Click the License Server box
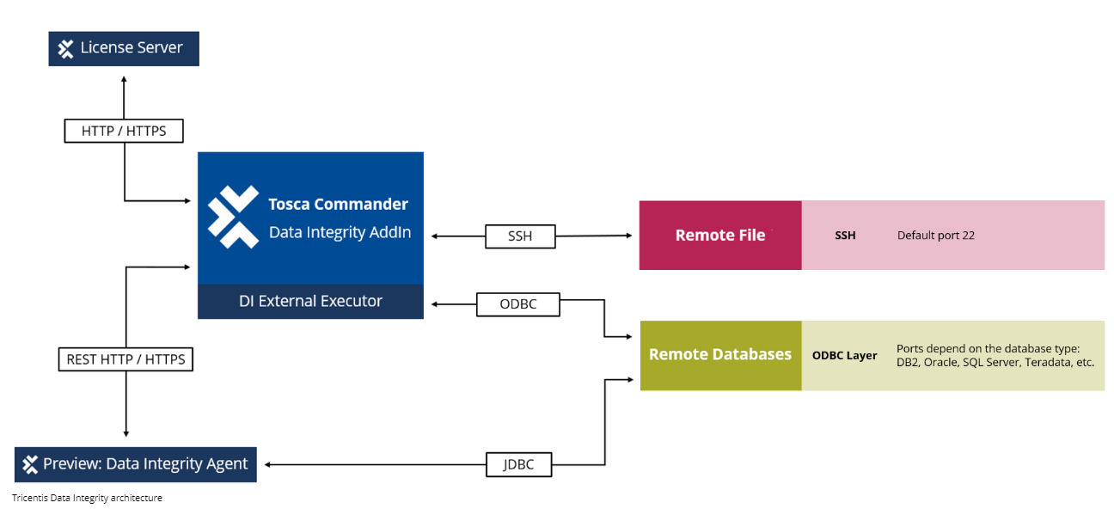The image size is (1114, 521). point(123,49)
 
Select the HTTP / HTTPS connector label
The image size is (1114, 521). point(124,131)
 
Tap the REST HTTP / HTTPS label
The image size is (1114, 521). point(126,359)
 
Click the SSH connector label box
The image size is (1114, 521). point(520,236)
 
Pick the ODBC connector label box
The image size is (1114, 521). point(517,304)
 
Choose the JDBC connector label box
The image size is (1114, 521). point(517,464)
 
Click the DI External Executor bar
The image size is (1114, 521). point(310,302)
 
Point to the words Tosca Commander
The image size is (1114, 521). point(338,204)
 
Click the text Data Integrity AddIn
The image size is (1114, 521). point(340,232)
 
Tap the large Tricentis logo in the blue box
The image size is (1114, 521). point(233,216)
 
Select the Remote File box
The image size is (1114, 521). point(720,236)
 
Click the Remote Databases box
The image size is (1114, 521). point(720,355)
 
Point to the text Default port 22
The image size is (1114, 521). point(935,236)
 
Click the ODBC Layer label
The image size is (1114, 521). point(844,356)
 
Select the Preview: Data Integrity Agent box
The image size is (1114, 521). point(136,464)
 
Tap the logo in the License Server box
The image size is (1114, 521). point(66,49)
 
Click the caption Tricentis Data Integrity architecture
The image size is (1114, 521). point(87,498)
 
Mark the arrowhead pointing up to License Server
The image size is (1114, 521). point(124,78)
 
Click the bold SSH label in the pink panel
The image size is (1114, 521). point(844,236)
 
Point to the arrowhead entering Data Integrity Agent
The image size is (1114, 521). point(268,464)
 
